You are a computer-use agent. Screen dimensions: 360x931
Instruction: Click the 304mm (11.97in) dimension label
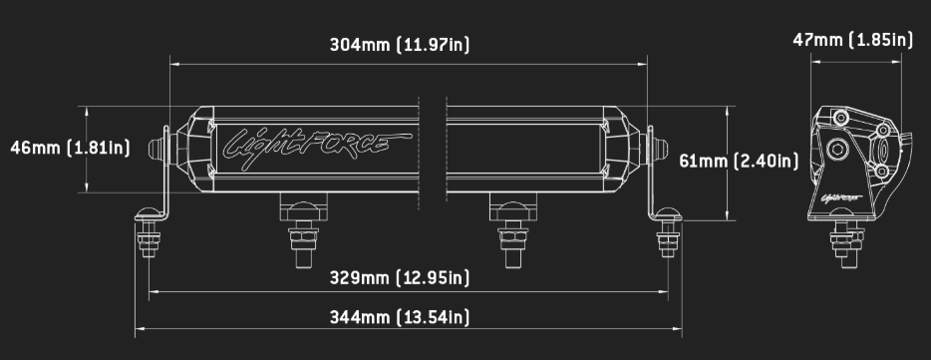[399, 45]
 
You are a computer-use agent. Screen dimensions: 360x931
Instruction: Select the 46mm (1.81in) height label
[70, 149]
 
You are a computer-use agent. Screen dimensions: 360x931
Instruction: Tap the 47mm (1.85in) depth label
[852, 40]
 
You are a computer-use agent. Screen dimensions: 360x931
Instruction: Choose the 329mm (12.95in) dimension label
[399, 276]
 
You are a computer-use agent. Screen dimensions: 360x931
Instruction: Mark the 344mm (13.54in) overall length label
[399, 317]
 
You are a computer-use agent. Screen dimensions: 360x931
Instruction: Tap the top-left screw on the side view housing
[840, 119]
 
